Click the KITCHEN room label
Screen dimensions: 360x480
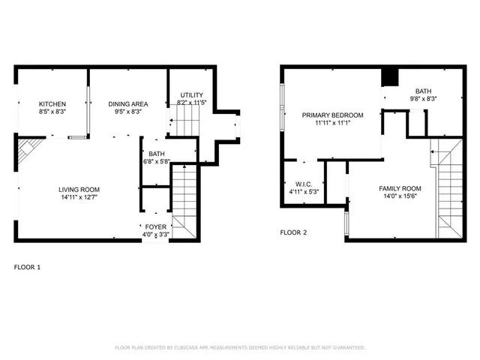(52, 104)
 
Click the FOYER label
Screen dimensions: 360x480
(155, 225)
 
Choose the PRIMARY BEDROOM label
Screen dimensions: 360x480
(332, 115)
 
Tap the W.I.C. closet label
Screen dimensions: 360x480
(304, 184)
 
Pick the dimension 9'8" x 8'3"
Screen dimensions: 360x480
(423, 98)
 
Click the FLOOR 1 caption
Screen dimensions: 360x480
(28, 267)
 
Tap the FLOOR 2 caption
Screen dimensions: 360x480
(294, 232)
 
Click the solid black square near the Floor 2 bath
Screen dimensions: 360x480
(390, 78)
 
